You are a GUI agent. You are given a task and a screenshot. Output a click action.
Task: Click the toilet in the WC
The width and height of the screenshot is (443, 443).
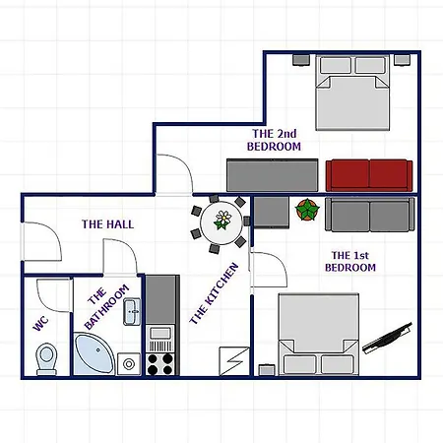pos(46,359)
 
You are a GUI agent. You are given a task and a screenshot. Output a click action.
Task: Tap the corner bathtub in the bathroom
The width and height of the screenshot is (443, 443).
pos(93,355)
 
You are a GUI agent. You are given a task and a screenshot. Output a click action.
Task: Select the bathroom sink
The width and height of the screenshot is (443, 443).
pos(132,311)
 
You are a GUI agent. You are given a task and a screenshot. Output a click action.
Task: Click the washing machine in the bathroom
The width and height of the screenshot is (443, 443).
pos(129,363)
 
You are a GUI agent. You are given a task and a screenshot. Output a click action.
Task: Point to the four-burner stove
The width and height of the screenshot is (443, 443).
pos(160,363)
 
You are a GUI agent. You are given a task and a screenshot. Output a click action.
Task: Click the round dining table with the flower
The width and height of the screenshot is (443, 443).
pos(221,223)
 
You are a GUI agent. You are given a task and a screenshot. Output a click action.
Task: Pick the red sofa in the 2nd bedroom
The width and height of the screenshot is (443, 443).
pos(369,175)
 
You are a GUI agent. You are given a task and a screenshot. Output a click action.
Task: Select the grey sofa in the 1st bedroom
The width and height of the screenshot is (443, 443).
pos(369,215)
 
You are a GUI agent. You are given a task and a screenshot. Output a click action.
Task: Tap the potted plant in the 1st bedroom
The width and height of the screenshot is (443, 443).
pos(307,210)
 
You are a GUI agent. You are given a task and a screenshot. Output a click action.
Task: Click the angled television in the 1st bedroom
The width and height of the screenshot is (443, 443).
pos(388,339)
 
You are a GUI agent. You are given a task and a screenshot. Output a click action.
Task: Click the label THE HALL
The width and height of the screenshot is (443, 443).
pos(107,224)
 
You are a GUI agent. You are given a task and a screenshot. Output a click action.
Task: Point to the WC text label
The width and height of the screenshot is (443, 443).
pos(41,324)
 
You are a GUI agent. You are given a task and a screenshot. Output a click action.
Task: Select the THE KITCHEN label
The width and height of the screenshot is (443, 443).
pos(214,293)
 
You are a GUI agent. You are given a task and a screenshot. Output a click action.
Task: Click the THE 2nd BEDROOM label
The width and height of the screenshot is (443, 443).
pos(274,140)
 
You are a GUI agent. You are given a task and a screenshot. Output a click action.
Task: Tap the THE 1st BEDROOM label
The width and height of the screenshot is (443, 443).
pos(350,261)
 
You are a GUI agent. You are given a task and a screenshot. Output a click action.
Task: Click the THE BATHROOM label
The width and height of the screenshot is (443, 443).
pos(106,306)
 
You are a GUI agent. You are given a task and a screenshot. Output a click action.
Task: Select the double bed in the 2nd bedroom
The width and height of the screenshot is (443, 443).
pos(352,93)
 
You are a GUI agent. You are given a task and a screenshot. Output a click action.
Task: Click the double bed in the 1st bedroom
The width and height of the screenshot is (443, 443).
pos(319,334)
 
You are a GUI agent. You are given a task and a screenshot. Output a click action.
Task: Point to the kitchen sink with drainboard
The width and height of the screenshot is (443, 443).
pos(160,339)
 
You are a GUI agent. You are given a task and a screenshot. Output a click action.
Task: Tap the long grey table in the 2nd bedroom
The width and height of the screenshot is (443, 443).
pos(273,175)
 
